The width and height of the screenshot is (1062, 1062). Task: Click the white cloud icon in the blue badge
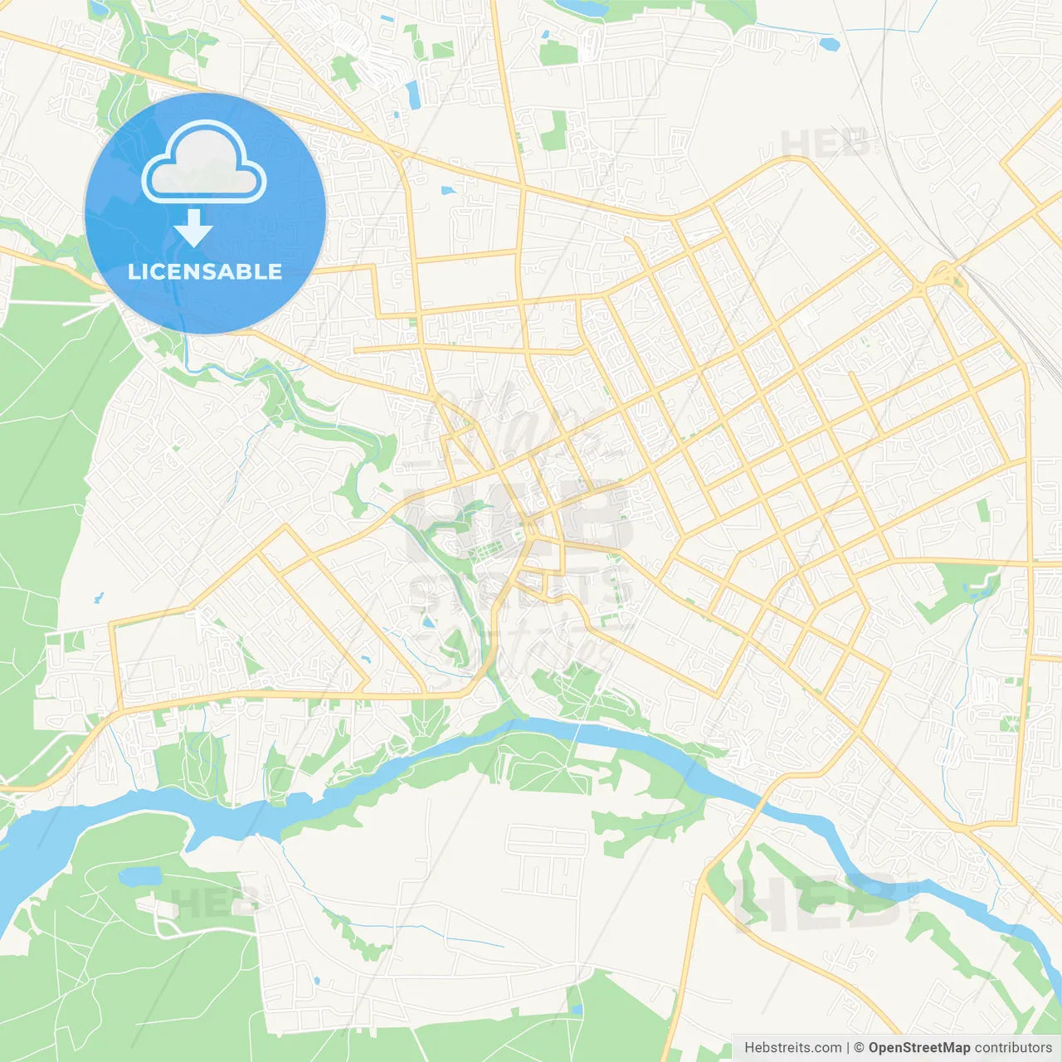(204, 163)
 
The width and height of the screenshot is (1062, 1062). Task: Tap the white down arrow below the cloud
(193, 228)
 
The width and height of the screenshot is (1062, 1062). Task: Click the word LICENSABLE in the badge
(205, 272)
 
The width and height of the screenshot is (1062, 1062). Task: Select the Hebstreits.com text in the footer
(792, 1048)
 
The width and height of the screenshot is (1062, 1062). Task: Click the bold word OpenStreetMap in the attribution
(918, 1048)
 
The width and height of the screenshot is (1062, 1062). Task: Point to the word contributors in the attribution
(1013, 1048)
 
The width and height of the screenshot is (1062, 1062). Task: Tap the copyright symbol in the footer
(859, 1048)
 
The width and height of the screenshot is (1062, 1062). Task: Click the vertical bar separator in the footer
(849, 1048)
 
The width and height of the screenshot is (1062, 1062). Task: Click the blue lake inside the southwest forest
(139, 876)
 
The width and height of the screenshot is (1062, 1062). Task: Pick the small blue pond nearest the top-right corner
(828, 43)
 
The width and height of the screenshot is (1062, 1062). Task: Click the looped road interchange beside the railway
(942, 276)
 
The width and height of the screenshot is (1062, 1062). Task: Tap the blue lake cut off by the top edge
(581, 7)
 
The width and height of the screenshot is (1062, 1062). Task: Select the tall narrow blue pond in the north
(412, 94)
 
